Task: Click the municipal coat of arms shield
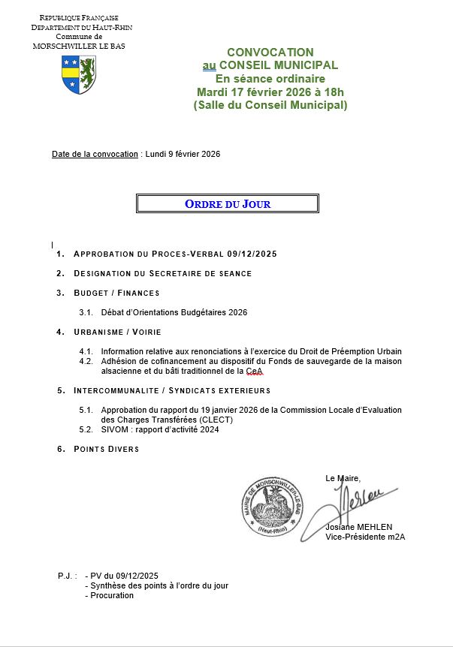point(78,74)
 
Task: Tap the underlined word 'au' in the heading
point(209,66)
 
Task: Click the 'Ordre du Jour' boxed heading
point(227,203)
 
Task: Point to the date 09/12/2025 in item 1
point(252,254)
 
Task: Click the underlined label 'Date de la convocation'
point(95,154)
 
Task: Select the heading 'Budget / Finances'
point(116,293)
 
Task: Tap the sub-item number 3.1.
point(86,312)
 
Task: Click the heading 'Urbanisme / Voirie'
point(117,332)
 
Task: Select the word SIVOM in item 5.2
point(113,429)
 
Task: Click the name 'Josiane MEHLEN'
point(358,527)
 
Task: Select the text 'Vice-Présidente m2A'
point(364,537)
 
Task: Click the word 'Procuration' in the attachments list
point(111,595)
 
